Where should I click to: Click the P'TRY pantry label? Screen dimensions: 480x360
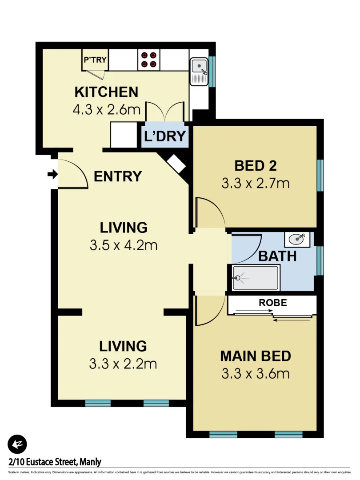point(94,59)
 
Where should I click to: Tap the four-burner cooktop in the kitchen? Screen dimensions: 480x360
point(148,60)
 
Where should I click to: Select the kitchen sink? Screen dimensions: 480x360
point(199,68)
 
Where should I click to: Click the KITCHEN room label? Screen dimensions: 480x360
point(106,92)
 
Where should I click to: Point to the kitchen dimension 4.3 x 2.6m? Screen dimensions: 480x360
point(106,110)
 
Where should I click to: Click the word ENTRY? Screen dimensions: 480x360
point(118,176)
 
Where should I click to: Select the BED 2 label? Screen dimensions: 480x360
point(256,166)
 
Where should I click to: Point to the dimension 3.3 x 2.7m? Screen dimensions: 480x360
point(256,183)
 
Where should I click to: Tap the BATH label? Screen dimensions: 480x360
point(277,256)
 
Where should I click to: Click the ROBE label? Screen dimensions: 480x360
point(273,303)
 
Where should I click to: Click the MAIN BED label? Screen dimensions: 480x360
point(256,356)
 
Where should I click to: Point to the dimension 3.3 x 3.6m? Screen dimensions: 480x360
point(256,373)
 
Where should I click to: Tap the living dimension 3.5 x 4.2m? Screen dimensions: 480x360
point(124,245)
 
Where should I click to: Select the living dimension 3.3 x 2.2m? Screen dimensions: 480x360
point(123,364)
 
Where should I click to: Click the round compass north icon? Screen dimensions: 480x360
point(17,444)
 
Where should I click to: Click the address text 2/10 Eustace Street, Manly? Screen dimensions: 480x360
point(55,462)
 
